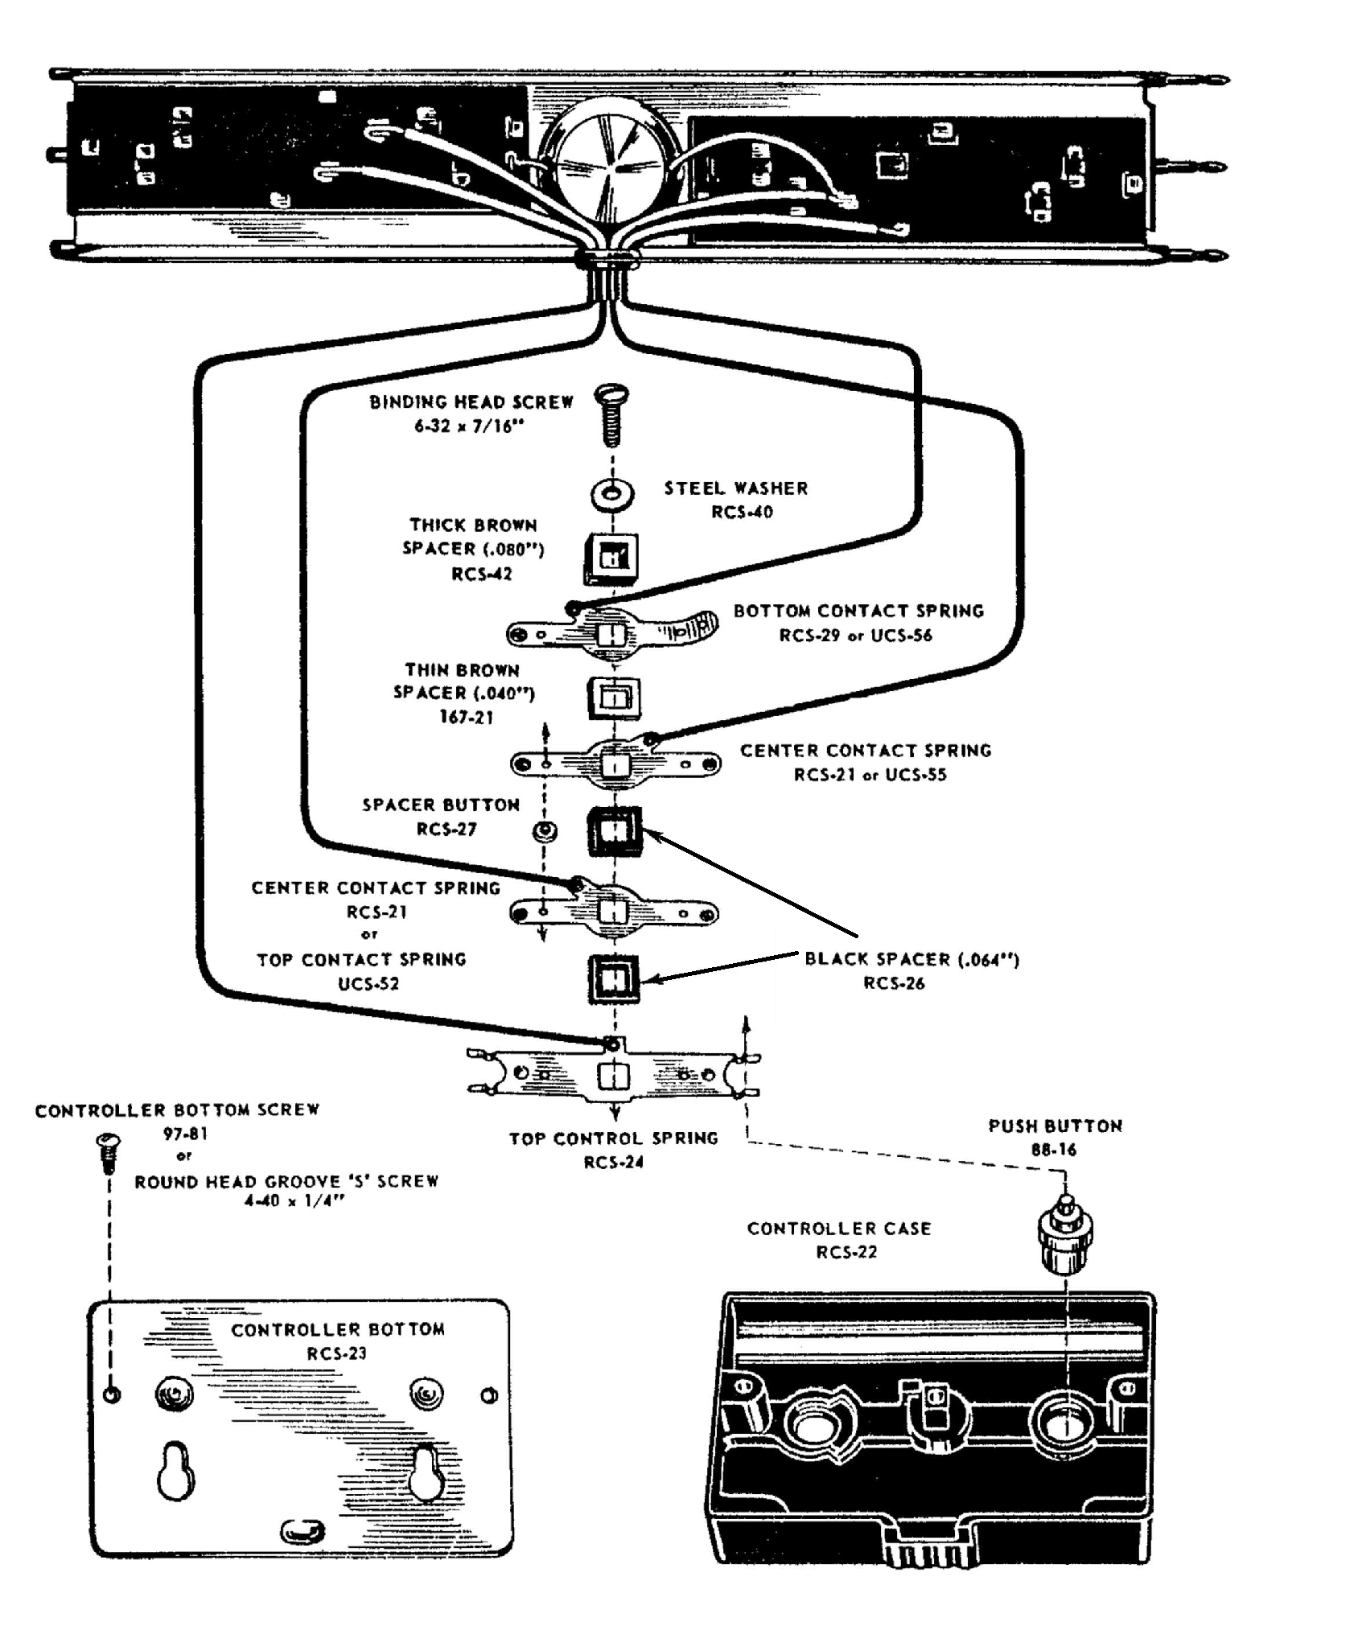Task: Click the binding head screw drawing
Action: pos(611,415)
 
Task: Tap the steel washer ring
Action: pos(611,493)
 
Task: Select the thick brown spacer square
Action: pos(611,558)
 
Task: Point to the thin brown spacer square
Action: pos(614,697)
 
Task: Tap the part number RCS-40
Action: pos(742,513)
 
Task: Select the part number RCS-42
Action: pos(481,574)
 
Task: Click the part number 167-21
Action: pos(466,717)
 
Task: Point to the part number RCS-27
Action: pos(446,829)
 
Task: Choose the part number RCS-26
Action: pos(894,982)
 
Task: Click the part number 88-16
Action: pos(1054,1150)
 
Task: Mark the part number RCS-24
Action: pos(614,1162)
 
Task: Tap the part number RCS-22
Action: pos(846,1252)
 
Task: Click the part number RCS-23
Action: pos(336,1353)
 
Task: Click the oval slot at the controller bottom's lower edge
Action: pos(302,1531)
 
